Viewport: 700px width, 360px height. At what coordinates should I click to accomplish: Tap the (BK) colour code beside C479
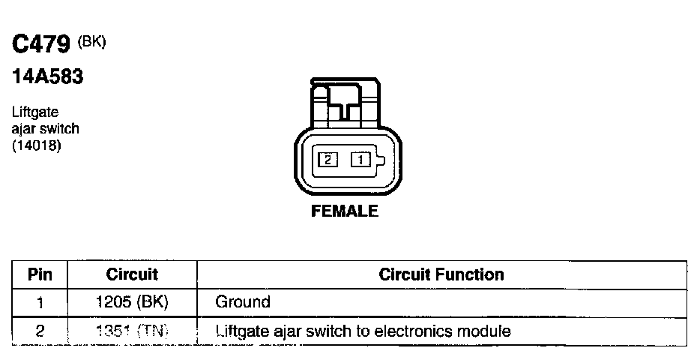point(92,42)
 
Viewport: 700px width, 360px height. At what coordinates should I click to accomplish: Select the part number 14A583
point(46,76)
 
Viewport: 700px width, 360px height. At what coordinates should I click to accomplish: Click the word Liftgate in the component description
point(35,112)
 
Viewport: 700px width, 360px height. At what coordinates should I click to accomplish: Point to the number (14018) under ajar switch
point(36,145)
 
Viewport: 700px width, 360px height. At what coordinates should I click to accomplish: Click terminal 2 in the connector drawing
point(328,159)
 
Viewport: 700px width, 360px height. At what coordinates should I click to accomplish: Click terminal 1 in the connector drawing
point(360,159)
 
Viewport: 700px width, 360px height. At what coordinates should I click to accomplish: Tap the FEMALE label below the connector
point(345,211)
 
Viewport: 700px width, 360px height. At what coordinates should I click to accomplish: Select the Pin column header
point(40,274)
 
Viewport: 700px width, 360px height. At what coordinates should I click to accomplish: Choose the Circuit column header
point(132,274)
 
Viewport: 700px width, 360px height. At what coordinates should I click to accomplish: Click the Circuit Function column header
point(441,274)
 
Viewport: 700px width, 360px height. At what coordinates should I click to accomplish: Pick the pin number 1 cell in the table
point(40,303)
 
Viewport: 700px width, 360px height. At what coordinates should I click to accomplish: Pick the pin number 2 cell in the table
point(40,331)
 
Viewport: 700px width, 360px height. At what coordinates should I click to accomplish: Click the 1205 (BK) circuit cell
point(132,303)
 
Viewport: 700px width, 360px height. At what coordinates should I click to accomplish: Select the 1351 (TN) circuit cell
point(132,331)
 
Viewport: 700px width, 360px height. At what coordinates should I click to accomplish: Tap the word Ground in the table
point(242,303)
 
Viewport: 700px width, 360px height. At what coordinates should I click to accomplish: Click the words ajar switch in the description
point(46,128)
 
